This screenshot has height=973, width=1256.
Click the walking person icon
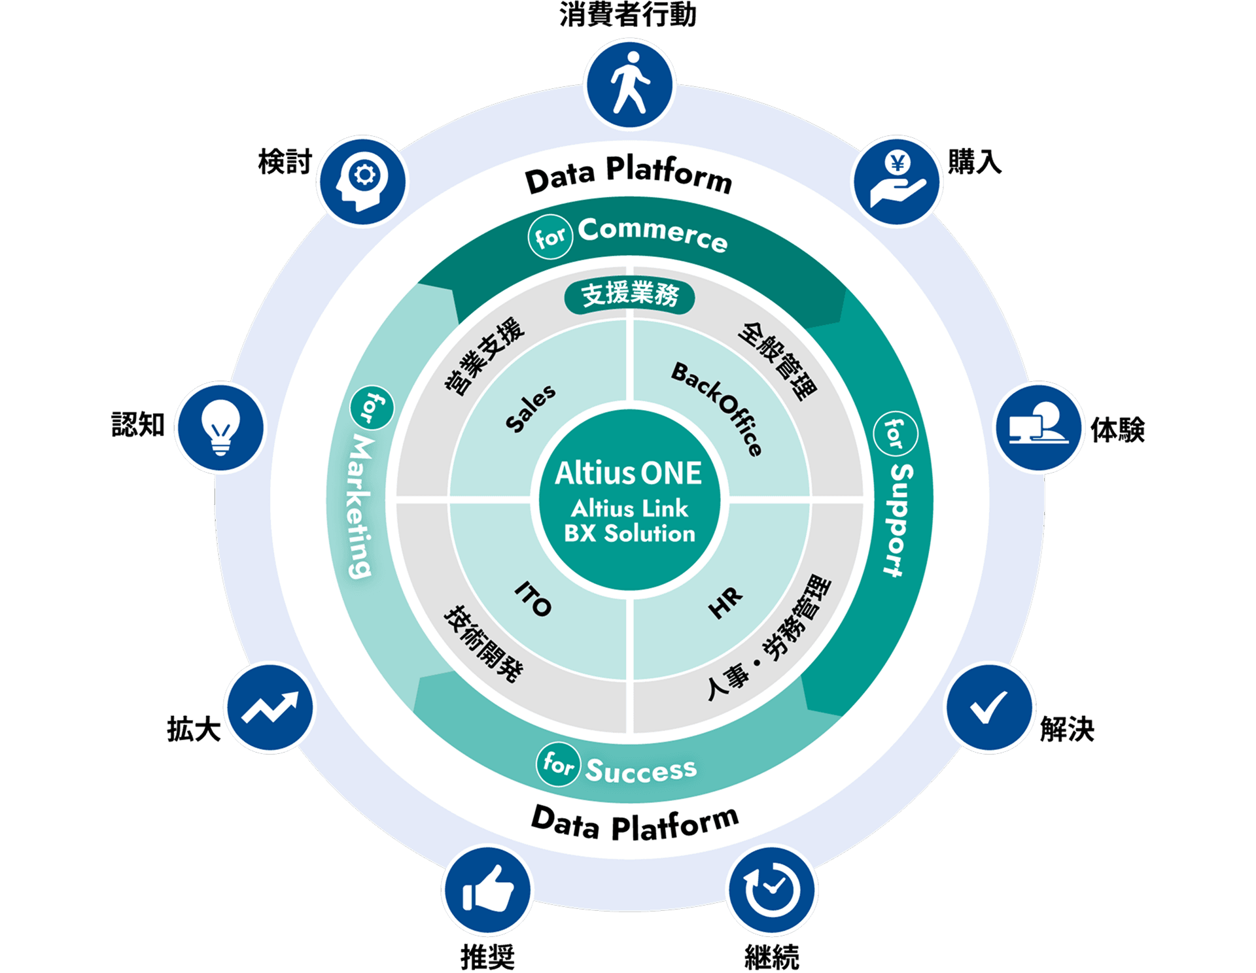[x=629, y=84]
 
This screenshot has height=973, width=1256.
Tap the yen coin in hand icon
[x=897, y=181]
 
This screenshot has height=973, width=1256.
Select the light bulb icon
[x=220, y=427]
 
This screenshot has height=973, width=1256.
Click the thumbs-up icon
[x=487, y=890]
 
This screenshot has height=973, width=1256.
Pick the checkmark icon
[x=989, y=708]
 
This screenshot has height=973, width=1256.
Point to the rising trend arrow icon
[x=270, y=708]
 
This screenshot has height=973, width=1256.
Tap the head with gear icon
[x=362, y=181]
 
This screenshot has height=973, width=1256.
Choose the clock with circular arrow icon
[x=773, y=890]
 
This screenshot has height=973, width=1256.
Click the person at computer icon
[x=1039, y=427]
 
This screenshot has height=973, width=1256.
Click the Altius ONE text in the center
[x=629, y=473]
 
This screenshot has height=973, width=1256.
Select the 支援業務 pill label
[x=629, y=295]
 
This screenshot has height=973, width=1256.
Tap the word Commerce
[x=652, y=234]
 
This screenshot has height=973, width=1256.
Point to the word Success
[x=641, y=770]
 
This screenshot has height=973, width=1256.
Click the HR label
[x=725, y=602]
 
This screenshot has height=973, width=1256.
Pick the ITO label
[x=534, y=598]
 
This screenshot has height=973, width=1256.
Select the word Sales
[x=531, y=408]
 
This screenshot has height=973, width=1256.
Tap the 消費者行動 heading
[x=628, y=14]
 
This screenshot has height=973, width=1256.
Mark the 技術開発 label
[x=484, y=643]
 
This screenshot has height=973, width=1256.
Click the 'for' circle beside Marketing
[x=372, y=407]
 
